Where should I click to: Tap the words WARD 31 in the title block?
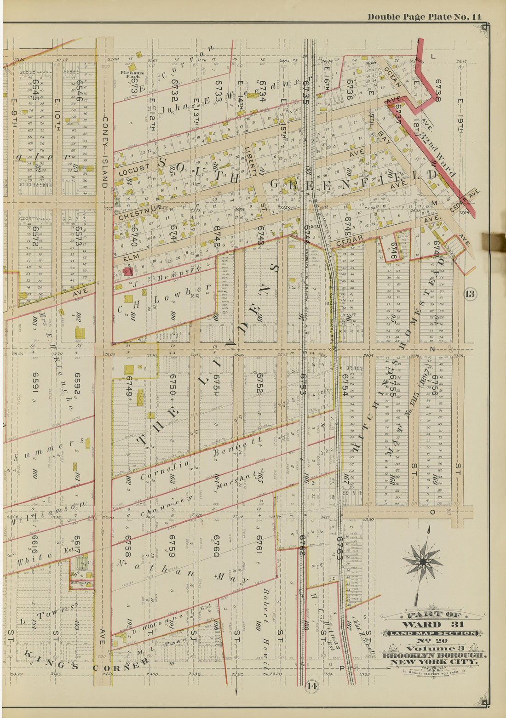point(432,625)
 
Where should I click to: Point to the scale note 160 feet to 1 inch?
point(433,672)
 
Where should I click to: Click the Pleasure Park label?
point(132,74)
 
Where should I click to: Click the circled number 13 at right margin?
point(470,294)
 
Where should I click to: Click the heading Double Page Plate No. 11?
point(424,17)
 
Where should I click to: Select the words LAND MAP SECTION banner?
point(432,633)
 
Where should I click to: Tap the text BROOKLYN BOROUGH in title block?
point(433,655)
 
